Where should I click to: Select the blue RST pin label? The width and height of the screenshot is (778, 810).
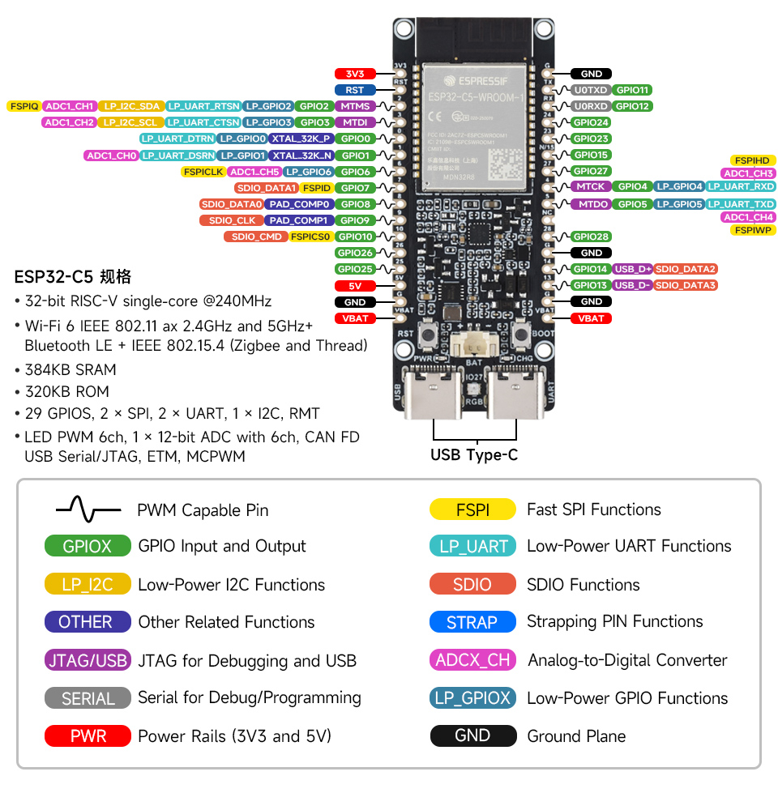[x=354, y=90]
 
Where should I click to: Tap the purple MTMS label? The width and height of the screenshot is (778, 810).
[x=355, y=106]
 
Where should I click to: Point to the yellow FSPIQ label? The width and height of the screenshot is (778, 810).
[x=24, y=106]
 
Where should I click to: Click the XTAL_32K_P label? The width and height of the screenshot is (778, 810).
[x=301, y=139]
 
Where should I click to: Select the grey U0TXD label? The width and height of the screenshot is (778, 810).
[x=590, y=90]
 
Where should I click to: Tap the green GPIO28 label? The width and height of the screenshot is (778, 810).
[x=591, y=237]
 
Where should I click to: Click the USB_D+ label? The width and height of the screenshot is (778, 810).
[x=632, y=269]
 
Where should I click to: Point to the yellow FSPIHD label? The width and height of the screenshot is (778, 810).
[x=753, y=160]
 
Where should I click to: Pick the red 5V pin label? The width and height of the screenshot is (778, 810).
[x=354, y=286]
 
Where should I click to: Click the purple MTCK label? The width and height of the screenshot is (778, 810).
[x=591, y=187]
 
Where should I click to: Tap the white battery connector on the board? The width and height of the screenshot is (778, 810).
[x=474, y=344]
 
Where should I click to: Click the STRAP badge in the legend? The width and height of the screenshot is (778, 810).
[x=472, y=622]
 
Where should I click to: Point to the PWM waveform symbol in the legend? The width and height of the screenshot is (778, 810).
[x=88, y=509]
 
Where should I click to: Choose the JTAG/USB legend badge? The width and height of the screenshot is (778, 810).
[x=88, y=660]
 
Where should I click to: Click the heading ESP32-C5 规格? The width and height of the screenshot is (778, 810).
[x=73, y=276]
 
